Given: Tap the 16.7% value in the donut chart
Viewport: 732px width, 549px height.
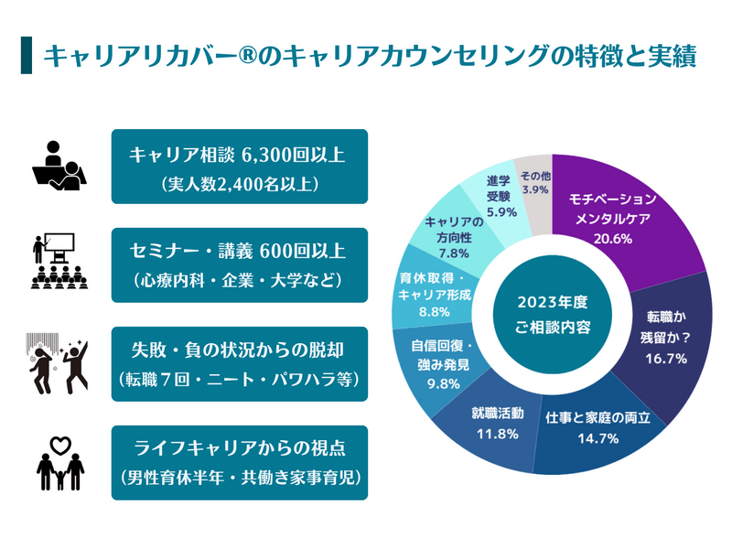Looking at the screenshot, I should pyautogui.click(x=664, y=358).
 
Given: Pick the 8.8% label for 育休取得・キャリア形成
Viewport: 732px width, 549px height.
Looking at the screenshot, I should pyautogui.click(x=422, y=311).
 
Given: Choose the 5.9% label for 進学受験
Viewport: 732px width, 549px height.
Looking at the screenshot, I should pyautogui.click(x=502, y=211).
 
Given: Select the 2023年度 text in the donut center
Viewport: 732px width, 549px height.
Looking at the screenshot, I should pyautogui.click(x=552, y=303).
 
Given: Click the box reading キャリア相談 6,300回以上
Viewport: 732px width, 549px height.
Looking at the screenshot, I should pyautogui.click(x=239, y=167).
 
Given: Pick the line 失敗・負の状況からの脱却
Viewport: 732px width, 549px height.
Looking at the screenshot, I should pyautogui.click(x=239, y=349).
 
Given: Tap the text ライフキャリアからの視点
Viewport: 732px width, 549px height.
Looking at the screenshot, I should pyautogui.click(x=239, y=447).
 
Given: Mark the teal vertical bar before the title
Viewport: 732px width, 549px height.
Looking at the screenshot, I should pyautogui.click(x=26, y=55).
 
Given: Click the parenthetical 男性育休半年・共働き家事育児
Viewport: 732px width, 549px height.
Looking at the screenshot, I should pyautogui.click(x=239, y=478).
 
